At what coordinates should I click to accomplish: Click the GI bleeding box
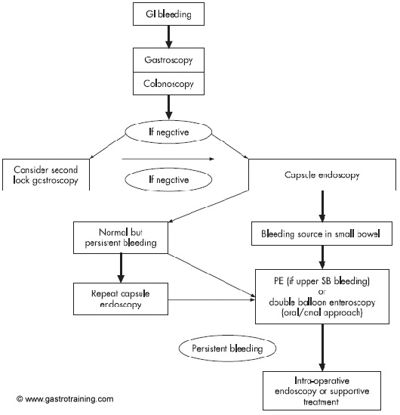pyautogui.click(x=168, y=14)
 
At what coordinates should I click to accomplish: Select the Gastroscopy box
pyautogui.click(x=168, y=60)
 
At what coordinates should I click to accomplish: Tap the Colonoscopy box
pyautogui.click(x=168, y=83)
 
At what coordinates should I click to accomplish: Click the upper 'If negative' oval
pyautogui.click(x=168, y=132)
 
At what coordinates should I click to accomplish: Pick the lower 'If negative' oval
pyautogui.click(x=168, y=180)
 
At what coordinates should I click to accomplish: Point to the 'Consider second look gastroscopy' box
pyautogui.click(x=46, y=175)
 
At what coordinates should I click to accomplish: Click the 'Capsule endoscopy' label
pyautogui.click(x=322, y=175)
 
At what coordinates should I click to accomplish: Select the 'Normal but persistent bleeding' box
pyautogui.click(x=121, y=237)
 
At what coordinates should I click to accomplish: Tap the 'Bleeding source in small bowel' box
pyautogui.click(x=322, y=234)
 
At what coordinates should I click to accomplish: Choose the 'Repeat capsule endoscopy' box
pyautogui.click(x=121, y=299)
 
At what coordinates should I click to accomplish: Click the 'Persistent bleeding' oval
pyautogui.click(x=227, y=348)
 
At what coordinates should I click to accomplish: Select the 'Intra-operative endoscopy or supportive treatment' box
pyautogui.click(x=322, y=391)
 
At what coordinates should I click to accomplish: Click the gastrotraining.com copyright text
pyautogui.click(x=65, y=399)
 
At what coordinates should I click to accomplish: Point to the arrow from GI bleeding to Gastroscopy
pyautogui.click(x=168, y=37)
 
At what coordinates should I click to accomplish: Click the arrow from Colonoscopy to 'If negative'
pyautogui.click(x=168, y=107)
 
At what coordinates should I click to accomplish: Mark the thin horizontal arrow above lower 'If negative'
pyautogui.click(x=168, y=159)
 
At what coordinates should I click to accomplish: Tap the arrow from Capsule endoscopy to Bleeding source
pyautogui.click(x=322, y=206)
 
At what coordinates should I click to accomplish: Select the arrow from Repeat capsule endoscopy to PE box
pyautogui.click(x=211, y=299)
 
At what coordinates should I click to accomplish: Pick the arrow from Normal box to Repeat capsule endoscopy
pyautogui.click(x=121, y=268)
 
